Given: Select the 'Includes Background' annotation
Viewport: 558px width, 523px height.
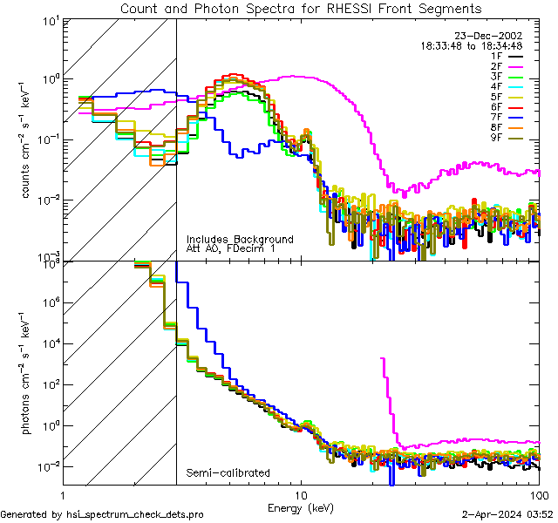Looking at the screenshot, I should [x=240, y=240].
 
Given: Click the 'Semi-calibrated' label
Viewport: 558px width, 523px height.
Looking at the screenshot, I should [x=228, y=473].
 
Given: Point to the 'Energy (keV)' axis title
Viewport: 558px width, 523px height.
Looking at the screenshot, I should [x=300, y=506].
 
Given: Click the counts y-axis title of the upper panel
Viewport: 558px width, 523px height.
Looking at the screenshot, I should [x=32, y=139].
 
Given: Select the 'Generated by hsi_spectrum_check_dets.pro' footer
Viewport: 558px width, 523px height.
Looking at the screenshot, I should [x=103, y=515].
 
